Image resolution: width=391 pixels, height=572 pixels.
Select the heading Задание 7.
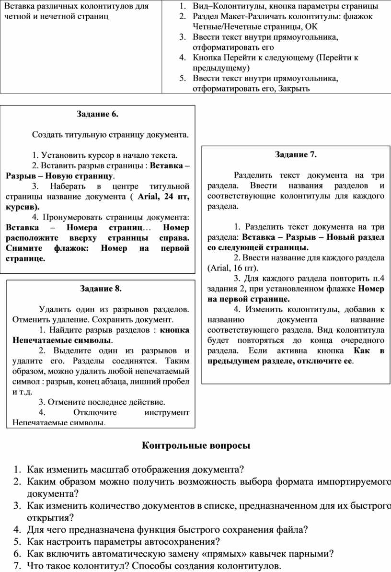click(296, 154)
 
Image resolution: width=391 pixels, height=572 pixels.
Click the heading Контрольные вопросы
click(196, 445)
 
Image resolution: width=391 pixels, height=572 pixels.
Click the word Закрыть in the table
click(294, 89)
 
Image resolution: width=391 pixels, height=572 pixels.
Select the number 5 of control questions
click(17, 542)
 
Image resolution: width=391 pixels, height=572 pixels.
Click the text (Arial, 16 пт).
click(233, 268)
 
